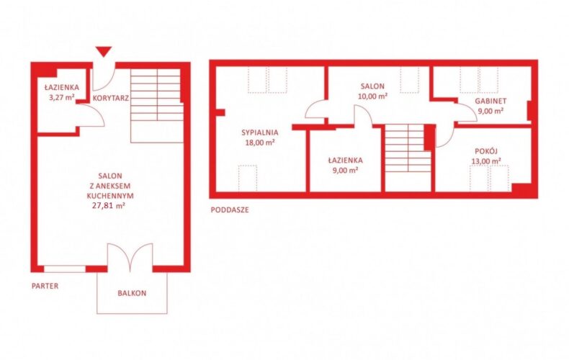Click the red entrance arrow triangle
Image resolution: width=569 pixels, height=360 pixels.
tap(104, 52)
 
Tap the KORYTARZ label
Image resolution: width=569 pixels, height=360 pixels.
tap(111, 98)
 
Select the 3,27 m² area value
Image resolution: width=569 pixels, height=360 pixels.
tap(62, 97)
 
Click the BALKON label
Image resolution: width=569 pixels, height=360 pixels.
tap(132, 293)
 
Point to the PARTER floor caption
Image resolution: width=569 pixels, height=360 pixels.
tap(45, 286)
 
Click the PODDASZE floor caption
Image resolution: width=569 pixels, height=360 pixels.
tap(230, 210)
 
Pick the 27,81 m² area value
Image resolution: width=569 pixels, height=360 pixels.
tap(109, 206)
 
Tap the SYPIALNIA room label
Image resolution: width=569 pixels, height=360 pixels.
tap(260, 132)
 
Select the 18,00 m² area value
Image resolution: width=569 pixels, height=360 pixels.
tap(260, 143)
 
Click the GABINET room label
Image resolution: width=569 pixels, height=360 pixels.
tap(490, 101)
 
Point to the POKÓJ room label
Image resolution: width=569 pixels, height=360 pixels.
tap(486, 151)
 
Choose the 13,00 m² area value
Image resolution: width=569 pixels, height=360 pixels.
tap(486, 161)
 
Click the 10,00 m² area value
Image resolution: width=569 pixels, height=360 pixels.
tap(372, 96)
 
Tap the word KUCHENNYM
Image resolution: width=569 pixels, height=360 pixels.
tap(110, 196)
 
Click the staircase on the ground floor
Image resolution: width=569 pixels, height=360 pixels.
tap(157, 106)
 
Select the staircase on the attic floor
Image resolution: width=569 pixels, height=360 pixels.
tap(408, 148)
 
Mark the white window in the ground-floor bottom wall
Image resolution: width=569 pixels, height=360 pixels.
tap(65, 269)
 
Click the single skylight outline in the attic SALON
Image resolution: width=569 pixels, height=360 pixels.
tap(410, 80)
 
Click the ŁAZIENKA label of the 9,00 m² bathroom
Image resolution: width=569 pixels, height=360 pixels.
tap(346, 160)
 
